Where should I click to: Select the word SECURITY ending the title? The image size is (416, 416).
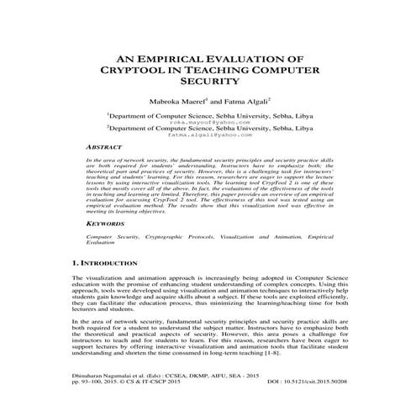207,84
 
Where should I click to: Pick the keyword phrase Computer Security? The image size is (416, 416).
113,238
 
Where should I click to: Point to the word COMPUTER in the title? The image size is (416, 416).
291,71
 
